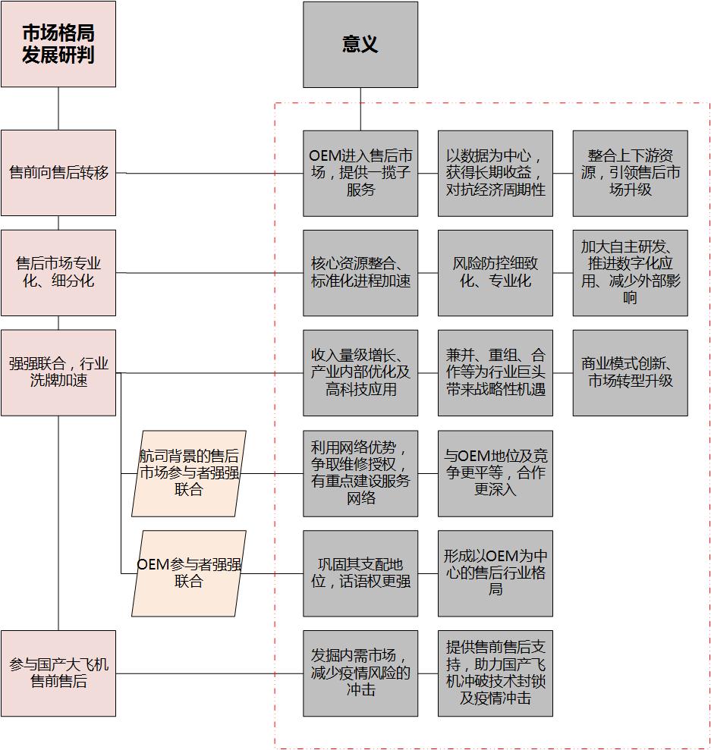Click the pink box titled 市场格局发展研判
(58, 44)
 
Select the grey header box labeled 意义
(360, 45)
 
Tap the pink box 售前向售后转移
(58, 173)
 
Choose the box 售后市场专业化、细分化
(58, 273)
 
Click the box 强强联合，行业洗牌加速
(58, 372)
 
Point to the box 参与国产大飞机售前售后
(58, 673)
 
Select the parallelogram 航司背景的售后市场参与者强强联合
(189, 473)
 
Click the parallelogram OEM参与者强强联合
(189, 573)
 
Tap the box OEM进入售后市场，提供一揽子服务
(360, 173)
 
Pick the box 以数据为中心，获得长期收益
(495, 173)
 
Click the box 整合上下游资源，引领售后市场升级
(630, 173)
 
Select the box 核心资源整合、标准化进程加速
(360, 273)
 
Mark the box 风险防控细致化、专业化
(495, 273)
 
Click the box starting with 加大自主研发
(630, 273)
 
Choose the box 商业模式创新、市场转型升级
(630, 373)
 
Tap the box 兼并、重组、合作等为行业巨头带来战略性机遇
(495, 373)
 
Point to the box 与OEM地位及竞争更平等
(495, 473)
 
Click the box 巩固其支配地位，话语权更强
(360, 573)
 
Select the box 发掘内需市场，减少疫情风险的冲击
(360, 673)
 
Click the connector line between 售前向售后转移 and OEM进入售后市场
(209, 173)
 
